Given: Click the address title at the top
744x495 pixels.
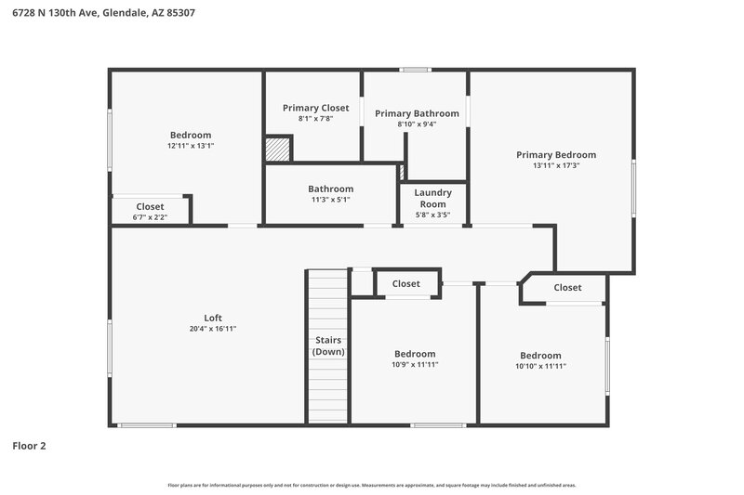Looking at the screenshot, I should [x=103, y=13].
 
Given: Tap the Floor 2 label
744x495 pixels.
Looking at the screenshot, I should [x=29, y=446].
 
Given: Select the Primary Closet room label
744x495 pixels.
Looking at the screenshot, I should [x=315, y=108].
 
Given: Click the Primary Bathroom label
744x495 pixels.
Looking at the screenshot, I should [x=417, y=113].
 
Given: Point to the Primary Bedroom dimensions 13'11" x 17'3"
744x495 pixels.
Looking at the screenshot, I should [x=556, y=165].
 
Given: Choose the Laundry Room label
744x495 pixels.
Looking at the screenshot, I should [x=432, y=198].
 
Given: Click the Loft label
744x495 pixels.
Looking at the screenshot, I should [x=213, y=318].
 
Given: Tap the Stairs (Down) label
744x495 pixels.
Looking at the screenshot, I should [x=328, y=345].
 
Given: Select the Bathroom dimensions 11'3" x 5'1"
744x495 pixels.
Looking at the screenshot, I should [x=330, y=200].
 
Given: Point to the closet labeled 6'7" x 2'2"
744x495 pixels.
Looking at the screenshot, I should [x=150, y=216].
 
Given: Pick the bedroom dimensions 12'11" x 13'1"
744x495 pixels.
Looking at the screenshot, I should [x=190, y=146].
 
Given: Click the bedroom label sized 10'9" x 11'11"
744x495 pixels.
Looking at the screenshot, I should [x=414, y=354].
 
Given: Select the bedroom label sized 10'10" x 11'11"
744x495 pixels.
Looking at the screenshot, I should [x=540, y=356].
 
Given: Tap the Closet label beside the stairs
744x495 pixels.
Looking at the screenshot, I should [x=405, y=283].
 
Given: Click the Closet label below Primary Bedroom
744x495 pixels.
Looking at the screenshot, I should [x=567, y=287].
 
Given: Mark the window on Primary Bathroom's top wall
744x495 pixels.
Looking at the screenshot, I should [x=415, y=70].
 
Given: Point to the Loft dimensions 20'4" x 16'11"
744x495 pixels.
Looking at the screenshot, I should [x=213, y=329].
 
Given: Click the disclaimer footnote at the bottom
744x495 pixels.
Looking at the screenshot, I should [x=371, y=485].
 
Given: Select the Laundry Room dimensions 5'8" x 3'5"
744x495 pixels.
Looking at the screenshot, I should [x=432, y=215].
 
